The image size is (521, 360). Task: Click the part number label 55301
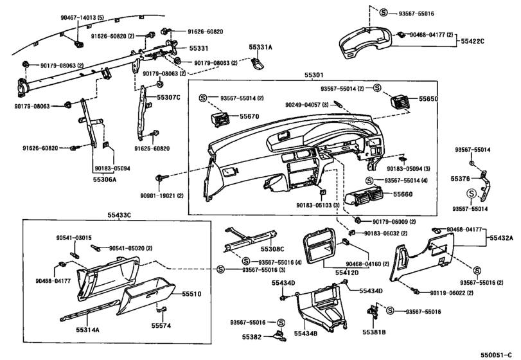click(313, 75)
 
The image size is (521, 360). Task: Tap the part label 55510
click(191, 294)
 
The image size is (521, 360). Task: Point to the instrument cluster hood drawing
click(366, 43)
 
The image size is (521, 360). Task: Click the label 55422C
click(472, 41)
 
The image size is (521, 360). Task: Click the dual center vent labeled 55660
click(364, 197)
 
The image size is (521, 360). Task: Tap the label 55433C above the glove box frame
click(119, 215)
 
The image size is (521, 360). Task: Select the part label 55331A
click(261, 47)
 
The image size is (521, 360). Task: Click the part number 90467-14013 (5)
click(82, 17)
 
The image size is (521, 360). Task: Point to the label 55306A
click(105, 179)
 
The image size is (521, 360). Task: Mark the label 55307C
click(168, 98)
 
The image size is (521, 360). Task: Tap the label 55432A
click(501, 238)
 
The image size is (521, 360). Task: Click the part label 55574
click(161, 326)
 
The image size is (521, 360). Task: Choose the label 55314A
click(88, 330)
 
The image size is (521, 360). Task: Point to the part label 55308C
click(272, 249)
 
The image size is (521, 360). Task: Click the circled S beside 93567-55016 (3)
click(220, 269)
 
